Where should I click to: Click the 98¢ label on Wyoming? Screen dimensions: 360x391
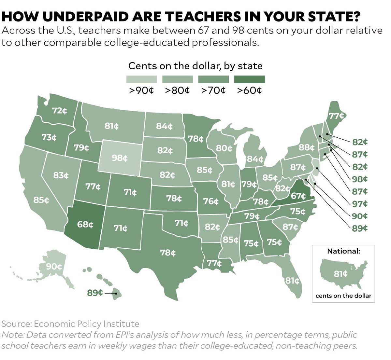[120, 158]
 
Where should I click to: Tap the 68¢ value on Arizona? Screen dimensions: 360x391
[85, 224]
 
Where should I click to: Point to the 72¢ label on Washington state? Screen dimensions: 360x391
[60, 111]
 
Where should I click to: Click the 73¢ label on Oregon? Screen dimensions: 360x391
[49, 137]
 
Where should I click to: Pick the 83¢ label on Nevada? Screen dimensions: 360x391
[61, 175]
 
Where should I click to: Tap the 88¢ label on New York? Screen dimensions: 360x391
[307, 147]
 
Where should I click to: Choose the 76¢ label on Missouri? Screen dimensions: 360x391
[211, 201]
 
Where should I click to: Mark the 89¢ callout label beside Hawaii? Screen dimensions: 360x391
[95, 293]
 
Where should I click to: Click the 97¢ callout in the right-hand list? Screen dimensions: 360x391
[360, 204]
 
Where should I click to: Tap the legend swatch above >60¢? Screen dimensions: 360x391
[249, 79]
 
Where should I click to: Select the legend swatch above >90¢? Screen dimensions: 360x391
[141, 79]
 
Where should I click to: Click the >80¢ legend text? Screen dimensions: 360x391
[177, 90]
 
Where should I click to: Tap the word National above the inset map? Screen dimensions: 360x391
[343, 251]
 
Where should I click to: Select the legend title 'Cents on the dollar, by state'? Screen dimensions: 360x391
[195, 66]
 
